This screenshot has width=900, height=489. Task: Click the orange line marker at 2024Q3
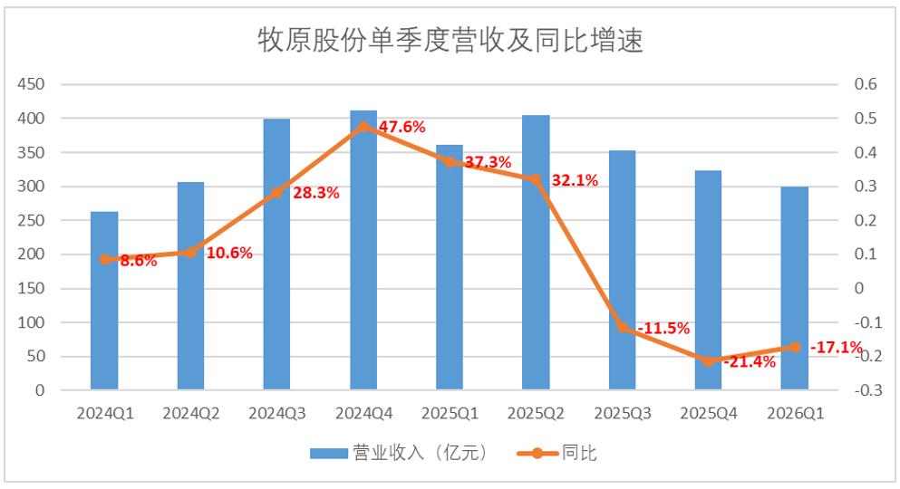click(x=276, y=193)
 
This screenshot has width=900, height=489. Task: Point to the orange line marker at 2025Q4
click(x=709, y=360)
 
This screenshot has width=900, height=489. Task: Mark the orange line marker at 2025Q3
click(x=623, y=327)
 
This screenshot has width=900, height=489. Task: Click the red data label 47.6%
click(x=402, y=127)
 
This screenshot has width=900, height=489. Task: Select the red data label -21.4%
click(x=750, y=362)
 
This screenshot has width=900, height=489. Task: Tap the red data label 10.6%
click(x=228, y=253)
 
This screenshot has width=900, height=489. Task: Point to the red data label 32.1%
click(x=575, y=180)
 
